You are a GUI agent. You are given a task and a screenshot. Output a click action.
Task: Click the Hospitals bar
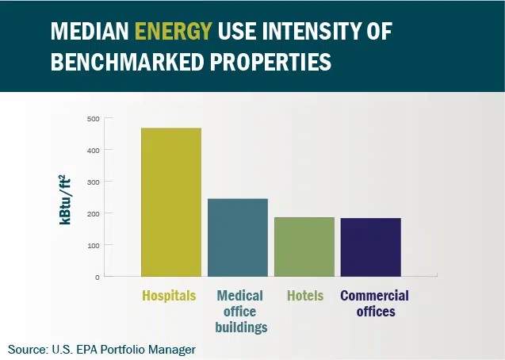point(171,202)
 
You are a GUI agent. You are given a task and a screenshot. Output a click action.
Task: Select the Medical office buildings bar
point(238,238)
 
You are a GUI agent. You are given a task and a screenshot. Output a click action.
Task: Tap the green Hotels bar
point(304,247)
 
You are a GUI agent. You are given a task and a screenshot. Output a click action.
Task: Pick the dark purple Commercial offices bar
point(371,247)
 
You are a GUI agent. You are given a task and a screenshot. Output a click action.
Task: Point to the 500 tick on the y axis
point(93,119)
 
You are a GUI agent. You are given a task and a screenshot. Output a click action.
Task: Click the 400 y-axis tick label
point(93,151)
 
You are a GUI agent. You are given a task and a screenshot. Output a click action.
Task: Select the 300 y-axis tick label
point(93,182)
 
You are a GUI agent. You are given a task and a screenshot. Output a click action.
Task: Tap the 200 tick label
point(93,213)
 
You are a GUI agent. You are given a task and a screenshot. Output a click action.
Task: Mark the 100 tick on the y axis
point(93,245)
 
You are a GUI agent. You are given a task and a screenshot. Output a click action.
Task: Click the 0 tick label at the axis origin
point(98,278)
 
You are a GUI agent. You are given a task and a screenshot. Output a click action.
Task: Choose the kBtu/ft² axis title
point(65,200)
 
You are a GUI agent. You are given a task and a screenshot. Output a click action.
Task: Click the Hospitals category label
point(169,296)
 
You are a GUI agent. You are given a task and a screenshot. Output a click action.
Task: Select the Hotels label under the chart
point(305,296)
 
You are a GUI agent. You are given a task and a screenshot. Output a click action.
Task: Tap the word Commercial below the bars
point(374,296)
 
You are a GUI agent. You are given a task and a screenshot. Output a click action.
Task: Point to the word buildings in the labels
point(241,327)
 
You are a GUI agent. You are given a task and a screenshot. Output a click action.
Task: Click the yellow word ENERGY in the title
point(174,31)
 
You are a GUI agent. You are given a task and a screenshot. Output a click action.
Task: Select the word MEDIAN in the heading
point(90,31)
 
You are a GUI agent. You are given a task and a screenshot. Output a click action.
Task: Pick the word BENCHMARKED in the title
point(128,61)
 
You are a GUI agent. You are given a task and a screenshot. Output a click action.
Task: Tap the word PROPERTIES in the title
point(270,61)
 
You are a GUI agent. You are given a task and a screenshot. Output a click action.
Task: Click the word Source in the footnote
point(27,350)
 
